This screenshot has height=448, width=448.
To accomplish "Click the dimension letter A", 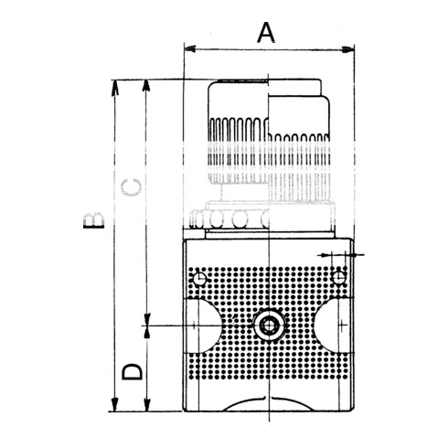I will pos(265,33).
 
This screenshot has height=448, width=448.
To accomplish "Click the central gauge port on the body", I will pos(269,325).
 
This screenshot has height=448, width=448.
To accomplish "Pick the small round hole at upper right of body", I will pos(338,277).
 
